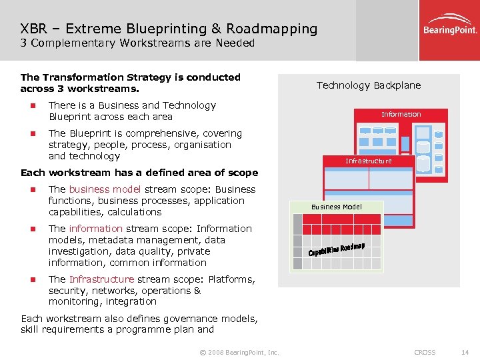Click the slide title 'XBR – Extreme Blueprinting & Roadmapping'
click(169, 29)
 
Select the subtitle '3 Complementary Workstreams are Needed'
click(137, 43)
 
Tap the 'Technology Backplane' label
click(368, 85)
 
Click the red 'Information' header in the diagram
click(401, 114)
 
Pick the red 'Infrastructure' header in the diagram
click(368, 161)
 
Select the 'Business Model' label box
click(337, 207)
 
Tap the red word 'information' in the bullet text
click(95, 229)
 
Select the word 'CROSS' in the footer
click(425, 352)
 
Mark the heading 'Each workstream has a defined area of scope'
click(139, 173)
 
